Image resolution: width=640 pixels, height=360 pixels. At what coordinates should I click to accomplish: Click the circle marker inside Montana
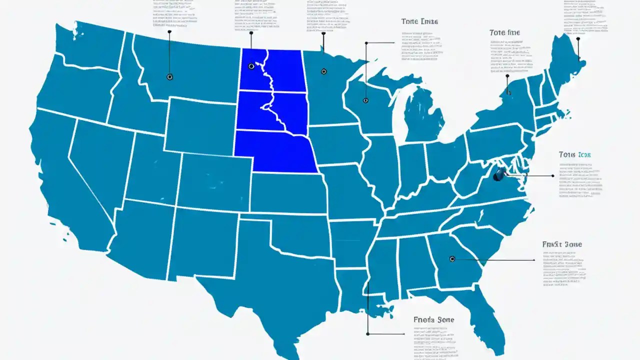[x=169, y=77]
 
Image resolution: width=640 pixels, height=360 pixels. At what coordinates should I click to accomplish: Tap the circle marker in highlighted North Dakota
[x=251, y=66]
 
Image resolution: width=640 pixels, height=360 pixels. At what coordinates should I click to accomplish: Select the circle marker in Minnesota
[x=323, y=71]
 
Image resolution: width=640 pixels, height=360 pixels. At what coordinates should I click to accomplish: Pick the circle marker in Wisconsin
[x=365, y=100]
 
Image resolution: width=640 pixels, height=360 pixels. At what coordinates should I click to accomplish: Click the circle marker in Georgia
[x=452, y=259]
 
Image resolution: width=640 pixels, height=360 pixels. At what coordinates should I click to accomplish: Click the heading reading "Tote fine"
[x=504, y=32]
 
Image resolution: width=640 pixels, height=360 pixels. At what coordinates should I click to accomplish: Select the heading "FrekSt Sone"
[x=562, y=244]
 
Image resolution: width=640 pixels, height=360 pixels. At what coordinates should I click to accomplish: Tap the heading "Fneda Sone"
[x=434, y=319]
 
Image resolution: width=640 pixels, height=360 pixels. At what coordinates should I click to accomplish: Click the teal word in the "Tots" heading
[x=584, y=155]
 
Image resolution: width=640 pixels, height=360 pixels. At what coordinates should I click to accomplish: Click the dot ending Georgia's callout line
[x=534, y=260]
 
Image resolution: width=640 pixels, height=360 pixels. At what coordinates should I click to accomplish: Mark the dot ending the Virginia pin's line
[x=552, y=176]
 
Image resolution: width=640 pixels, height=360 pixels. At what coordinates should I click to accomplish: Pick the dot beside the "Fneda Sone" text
[x=368, y=333]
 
